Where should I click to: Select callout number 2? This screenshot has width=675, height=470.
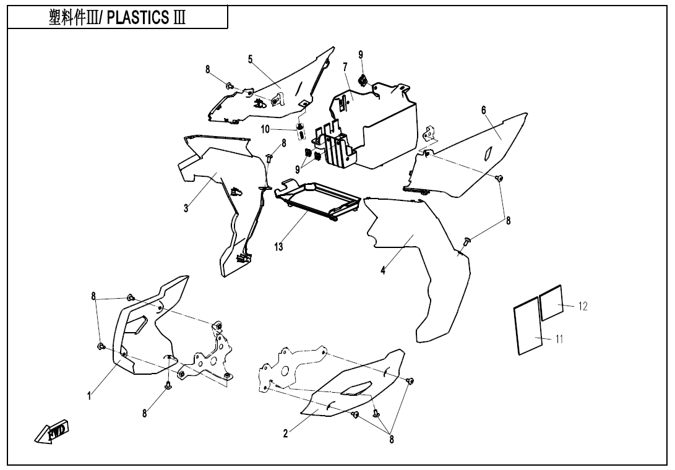(x=285, y=434)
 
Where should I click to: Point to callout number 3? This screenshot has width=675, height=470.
(x=186, y=208)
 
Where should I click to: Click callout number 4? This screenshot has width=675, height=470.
(x=383, y=271)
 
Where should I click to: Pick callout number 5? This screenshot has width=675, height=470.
(x=251, y=59)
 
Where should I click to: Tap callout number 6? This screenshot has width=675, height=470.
(x=484, y=110)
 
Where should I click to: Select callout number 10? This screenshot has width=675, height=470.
(x=265, y=129)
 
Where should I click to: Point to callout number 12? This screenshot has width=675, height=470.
(x=582, y=306)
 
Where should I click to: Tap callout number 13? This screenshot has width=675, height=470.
(x=280, y=247)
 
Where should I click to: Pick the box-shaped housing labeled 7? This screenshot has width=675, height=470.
(x=387, y=124)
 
